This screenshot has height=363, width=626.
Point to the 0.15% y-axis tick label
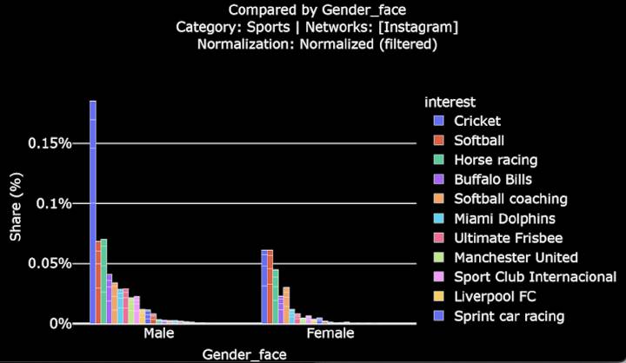(x=49, y=143)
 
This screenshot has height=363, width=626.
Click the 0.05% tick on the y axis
(x=49, y=263)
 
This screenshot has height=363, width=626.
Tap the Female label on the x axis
(x=330, y=333)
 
